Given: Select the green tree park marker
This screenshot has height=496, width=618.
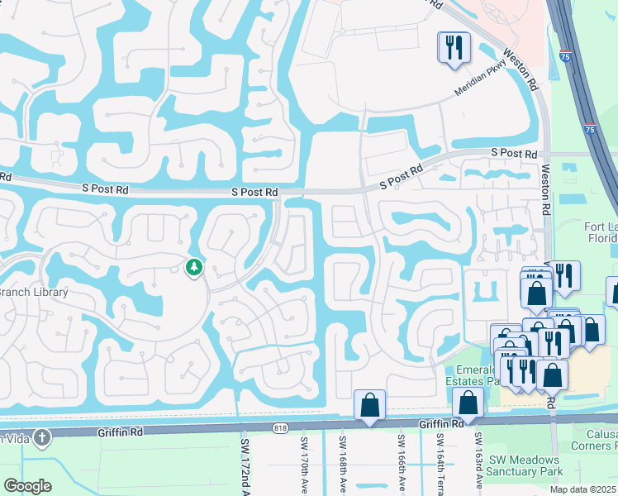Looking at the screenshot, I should click(x=193, y=267).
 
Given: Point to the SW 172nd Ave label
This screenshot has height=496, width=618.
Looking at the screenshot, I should click(x=244, y=466).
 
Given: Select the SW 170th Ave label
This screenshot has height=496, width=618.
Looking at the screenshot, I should click(x=304, y=466).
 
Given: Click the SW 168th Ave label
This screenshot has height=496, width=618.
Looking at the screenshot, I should click(x=341, y=466).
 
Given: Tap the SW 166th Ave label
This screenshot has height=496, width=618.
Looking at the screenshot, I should click(x=400, y=466).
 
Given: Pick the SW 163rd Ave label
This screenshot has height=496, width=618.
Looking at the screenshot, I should click(x=478, y=466).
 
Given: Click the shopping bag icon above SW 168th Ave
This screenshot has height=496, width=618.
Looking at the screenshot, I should click(x=369, y=405).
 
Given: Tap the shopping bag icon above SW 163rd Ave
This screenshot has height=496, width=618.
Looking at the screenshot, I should click(x=468, y=404).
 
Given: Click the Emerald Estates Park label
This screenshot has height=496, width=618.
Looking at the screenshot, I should click(x=473, y=376).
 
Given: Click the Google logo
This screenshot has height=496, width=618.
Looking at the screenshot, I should click(x=28, y=485).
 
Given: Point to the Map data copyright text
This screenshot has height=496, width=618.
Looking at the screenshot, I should click(x=583, y=489).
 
